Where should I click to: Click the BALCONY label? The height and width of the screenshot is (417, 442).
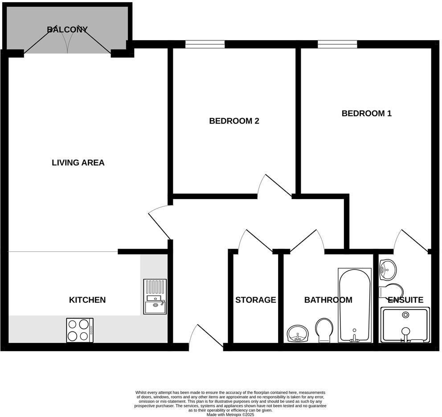coord(67,30)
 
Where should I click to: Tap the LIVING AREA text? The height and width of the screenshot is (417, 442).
coord(78,163)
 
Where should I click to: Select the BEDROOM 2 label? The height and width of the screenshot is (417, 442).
coord(234,121)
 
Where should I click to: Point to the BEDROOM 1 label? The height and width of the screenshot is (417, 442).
coord(366,113)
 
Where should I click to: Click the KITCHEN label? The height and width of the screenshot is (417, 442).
coord(87,300)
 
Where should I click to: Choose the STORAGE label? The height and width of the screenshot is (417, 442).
coord(256,300)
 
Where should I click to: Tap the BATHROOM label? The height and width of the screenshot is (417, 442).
coord(328,300)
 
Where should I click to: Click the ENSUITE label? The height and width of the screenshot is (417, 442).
coord(405,300)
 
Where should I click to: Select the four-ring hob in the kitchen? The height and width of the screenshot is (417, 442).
coord(80,330)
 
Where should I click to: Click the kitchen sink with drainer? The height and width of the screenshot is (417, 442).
coord(155,297)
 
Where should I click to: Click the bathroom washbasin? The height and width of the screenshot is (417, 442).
coord(296,333)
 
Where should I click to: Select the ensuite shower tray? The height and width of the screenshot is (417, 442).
coord(405,325)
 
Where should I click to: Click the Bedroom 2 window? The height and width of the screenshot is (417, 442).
coord(205,44)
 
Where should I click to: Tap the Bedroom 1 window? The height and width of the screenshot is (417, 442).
coord(337,44)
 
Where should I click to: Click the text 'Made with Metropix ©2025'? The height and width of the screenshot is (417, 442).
coord(230,414)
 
